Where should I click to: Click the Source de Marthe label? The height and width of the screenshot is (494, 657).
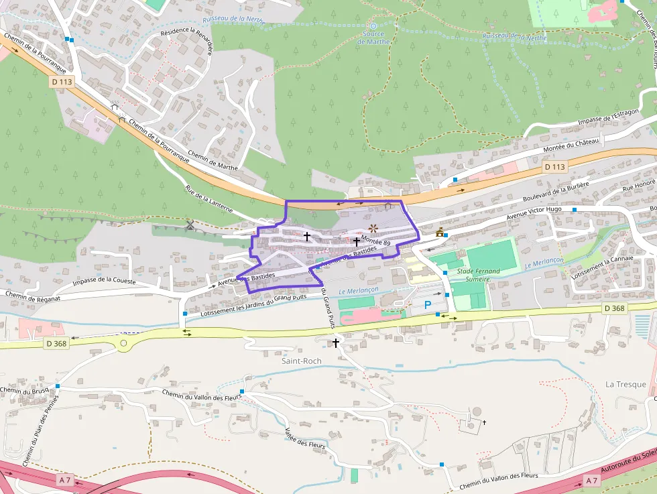[373, 38]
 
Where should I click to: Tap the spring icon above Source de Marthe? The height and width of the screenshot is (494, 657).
[373, 25]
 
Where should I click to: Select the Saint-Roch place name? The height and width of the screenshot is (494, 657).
[302, 361]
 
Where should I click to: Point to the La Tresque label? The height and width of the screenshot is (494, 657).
[625, 384]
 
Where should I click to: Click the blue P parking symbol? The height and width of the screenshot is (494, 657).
[428, 305]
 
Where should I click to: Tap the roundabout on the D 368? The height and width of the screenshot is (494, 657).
[123, 344]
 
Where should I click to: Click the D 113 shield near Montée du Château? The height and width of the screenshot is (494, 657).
[554, 166]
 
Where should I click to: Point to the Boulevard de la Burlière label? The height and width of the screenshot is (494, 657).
[555, 192]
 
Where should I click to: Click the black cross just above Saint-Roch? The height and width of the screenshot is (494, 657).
[336, 343]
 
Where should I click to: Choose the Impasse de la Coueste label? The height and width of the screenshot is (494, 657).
[104, 282]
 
